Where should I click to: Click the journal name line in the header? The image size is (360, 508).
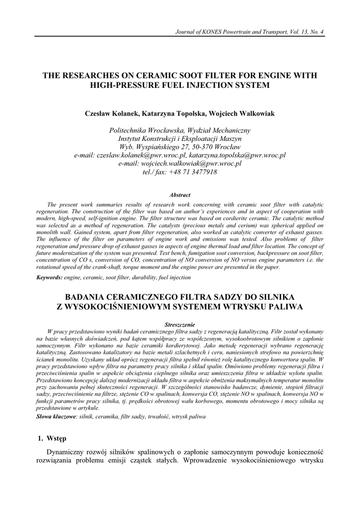pos(249,32)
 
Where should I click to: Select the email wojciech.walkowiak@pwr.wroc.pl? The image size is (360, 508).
pos(191,164)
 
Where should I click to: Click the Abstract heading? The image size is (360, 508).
pos(180,195)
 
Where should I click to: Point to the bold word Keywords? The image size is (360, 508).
pos(49,277)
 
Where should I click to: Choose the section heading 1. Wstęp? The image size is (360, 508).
pos(52,439)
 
